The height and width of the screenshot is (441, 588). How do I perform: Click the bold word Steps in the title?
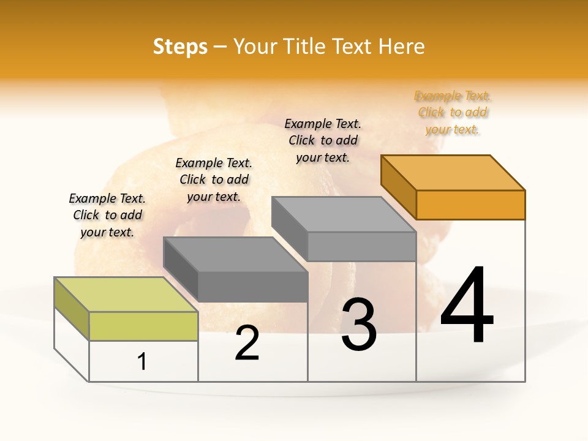pyautogui.click(x=180, y=47)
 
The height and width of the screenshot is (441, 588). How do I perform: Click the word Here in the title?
pyautogui.click(x=401, y=47)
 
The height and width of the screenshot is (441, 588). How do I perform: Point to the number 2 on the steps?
pyautogui.click(x=247, y=343)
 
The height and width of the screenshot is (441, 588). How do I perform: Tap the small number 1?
pyautogui.click(x=142, y=362)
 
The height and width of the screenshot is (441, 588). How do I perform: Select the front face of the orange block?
pyautogui.click(x=470, y=205)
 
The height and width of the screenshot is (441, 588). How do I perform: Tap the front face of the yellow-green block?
pyautogui.click(x=143, y=326)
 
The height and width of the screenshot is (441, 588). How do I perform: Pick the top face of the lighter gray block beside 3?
pyautogui.click(x=344, y=214)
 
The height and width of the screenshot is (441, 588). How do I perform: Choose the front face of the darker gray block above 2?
pyautogui.click(x=252, y=287)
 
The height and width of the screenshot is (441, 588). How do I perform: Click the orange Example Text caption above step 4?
pyautogui.click(x=453, y=113)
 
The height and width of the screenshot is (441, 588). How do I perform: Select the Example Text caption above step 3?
pyautogui.click(x=323, y=140)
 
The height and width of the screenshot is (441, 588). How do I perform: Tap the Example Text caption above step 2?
pyautogui.click(x=214, y=179)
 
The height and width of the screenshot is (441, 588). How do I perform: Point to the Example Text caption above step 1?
pyautogui.click(x=107, y=215)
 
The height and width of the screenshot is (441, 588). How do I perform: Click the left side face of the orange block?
pyautogui.click(x=398, y=187)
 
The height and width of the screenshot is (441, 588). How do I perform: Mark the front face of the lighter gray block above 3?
pyautogui.click(x=361, y=246)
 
